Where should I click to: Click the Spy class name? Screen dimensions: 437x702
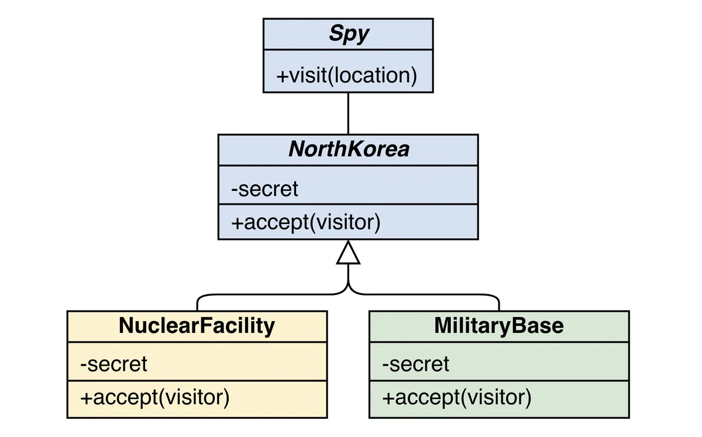(349, 34)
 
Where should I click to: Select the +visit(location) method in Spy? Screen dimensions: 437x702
(346, 75)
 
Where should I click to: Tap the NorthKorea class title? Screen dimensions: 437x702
(349, 149)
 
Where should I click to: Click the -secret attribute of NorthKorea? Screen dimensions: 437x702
(264, 189)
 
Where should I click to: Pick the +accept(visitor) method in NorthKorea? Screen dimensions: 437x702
(306, 222)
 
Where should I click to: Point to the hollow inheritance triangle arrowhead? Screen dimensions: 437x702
(348, 253)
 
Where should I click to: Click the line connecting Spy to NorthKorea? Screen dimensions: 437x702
(348, 113)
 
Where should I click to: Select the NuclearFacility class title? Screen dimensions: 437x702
(197, 326)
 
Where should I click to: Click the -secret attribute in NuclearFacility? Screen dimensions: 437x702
(114, 364)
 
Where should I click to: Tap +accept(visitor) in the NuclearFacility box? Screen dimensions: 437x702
(154, 397)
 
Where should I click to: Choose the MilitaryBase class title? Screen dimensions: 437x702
(498, 326)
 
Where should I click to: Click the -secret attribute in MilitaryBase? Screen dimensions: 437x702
(416, 364)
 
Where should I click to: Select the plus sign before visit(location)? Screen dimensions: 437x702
(282, 76)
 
